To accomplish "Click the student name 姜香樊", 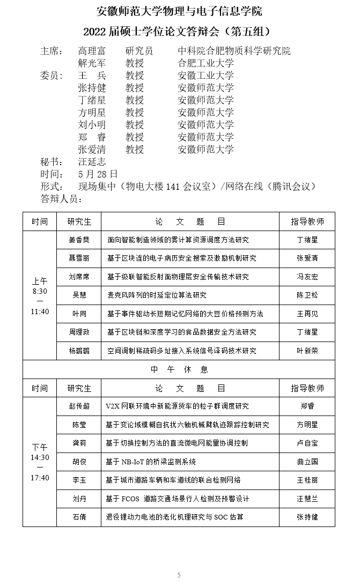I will (79, 240).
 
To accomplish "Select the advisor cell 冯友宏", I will (307, 277).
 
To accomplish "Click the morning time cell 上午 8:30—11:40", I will (40, 296).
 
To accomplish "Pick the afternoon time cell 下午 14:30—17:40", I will (40, 462).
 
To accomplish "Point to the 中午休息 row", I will (179, 370).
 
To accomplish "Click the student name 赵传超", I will (79, 406).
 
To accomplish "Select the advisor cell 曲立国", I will (307, 462).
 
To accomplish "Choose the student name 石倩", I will (79, 517).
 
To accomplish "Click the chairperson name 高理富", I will (92, 51).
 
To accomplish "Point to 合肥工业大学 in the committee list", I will (206, 63).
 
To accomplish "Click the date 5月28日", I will (98, 174).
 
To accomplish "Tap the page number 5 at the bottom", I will (179, 575).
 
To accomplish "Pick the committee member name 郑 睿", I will (92, 137).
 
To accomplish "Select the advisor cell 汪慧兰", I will (307, 499).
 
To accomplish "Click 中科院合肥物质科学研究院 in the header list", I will (234, 51).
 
